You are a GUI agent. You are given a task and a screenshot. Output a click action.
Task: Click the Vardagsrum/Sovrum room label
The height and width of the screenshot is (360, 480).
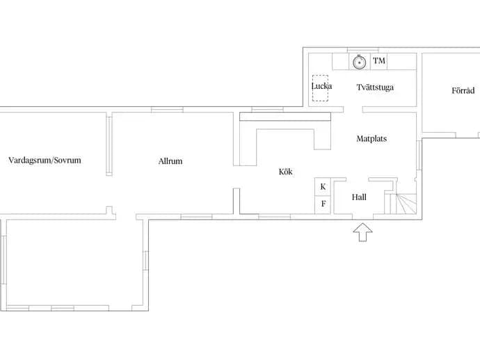(45, 161)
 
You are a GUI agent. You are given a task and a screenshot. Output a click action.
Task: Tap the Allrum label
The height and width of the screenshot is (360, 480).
(170, 161)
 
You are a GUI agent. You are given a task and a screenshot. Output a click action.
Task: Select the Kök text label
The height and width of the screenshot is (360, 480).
(285, 172)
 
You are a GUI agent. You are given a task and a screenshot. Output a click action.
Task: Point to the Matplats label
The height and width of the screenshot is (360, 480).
(371, 139)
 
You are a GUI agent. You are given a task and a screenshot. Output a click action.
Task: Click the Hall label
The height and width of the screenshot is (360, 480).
(359, 197)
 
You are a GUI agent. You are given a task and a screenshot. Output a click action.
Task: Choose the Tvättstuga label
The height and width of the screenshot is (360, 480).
(375, 87)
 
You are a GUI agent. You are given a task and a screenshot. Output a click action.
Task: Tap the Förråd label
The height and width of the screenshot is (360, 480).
(463, 90)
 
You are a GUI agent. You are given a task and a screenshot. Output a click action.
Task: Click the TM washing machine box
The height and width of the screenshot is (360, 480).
(379, 61)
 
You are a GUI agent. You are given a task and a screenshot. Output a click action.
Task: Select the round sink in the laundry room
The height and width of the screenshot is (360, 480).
(360, 62)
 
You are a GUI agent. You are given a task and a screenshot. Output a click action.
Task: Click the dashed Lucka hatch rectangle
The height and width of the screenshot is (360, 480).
(320, 88)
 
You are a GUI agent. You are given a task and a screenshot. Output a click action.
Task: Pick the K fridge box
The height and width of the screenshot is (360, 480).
(323, 186)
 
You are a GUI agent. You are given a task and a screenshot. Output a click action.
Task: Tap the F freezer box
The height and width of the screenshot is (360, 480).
(323, 204)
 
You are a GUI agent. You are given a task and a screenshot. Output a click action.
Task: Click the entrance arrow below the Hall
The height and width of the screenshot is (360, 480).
(362, 232)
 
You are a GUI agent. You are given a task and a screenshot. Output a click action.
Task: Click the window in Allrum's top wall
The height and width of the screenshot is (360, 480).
(167, 110)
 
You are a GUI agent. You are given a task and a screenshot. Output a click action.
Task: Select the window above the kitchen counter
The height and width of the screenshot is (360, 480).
(267, 109)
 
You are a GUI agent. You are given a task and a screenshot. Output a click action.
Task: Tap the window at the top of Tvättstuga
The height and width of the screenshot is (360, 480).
(362, 50)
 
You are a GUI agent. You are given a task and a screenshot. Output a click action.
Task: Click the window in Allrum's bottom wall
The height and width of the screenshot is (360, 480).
(196, 217)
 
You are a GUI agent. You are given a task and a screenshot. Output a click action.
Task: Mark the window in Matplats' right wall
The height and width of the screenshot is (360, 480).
(419, 154)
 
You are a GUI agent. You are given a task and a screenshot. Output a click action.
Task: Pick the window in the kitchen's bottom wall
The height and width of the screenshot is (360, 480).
(275, 217)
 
